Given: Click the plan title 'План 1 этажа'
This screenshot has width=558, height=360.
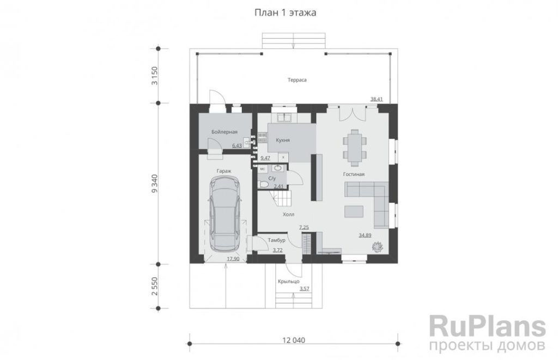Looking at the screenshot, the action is (x=285, y=13).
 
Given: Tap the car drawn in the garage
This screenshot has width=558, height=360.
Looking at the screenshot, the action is (x=224, y=215).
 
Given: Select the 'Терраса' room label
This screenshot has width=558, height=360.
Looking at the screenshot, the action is (x=297, y=80).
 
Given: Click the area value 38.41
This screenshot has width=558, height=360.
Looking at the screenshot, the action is (x=376, y=99).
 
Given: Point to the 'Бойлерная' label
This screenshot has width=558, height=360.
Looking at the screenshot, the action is (x=224, y=132).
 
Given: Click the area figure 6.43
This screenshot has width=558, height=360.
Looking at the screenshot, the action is (x=236, y=145).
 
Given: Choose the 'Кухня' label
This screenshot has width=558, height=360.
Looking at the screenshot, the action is (x=283, y=140).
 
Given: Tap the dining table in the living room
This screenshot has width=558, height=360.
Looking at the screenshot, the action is (x=355, y=147).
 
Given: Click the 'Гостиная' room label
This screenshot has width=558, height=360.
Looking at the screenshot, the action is (x=354, y=174).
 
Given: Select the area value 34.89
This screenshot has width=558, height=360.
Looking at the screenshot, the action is (x=365, y=235).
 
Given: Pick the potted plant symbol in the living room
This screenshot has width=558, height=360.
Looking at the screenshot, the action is (x=377, y=246).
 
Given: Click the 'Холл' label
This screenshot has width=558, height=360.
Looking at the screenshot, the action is (x=288, y=215).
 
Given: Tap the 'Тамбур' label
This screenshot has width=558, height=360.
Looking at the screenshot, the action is (x=276, y=241).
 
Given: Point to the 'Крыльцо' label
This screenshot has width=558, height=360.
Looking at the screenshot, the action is (x=288, y=282).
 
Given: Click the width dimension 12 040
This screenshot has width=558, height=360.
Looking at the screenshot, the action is (x=294, y=340).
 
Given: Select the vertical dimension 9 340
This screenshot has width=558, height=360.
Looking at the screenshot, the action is (x=154, y=184).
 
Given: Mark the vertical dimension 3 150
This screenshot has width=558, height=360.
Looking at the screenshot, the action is (x=154, y=76).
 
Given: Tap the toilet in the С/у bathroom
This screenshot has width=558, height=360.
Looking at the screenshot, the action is (x=263, y=184).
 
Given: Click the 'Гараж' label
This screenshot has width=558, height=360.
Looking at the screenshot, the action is (x=224, y=171).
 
